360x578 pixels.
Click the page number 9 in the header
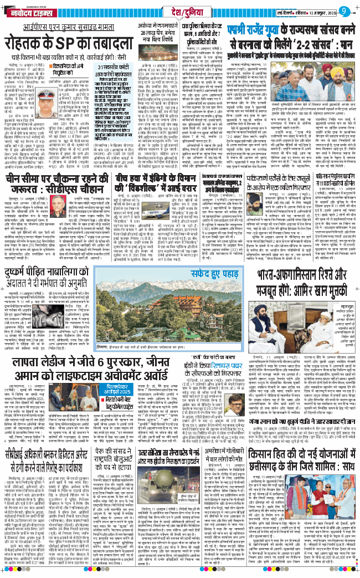pos(344,10)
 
